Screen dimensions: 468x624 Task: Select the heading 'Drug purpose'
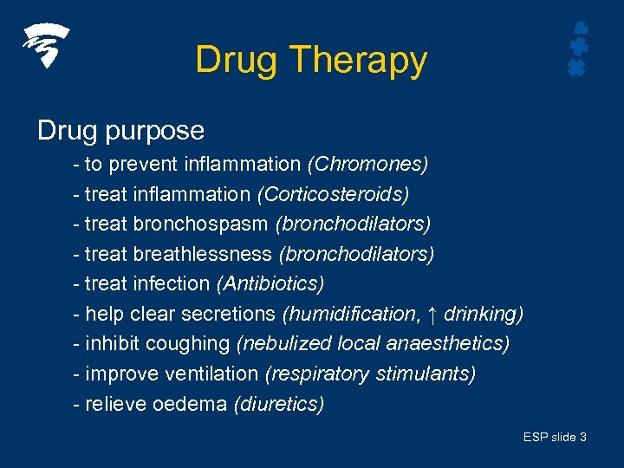(120, 131)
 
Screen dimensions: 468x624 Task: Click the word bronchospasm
(201, 224)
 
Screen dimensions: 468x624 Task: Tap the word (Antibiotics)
(270, 283)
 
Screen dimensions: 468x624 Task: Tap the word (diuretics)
(279, 404)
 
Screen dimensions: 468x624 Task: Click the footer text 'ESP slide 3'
(555, 438)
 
